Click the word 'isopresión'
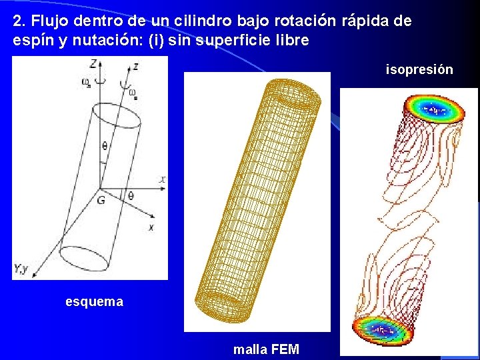coord(419,69)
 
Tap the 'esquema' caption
coord(94,302)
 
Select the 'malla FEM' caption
coord(266,349)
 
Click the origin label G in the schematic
coord(101,199)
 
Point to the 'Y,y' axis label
coord(21,269)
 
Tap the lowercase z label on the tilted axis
coord(135,66)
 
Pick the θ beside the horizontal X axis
coord(130,195)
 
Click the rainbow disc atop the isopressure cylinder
coord(435,108)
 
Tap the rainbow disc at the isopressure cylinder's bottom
coord(382,329)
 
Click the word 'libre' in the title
coord(293,40)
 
